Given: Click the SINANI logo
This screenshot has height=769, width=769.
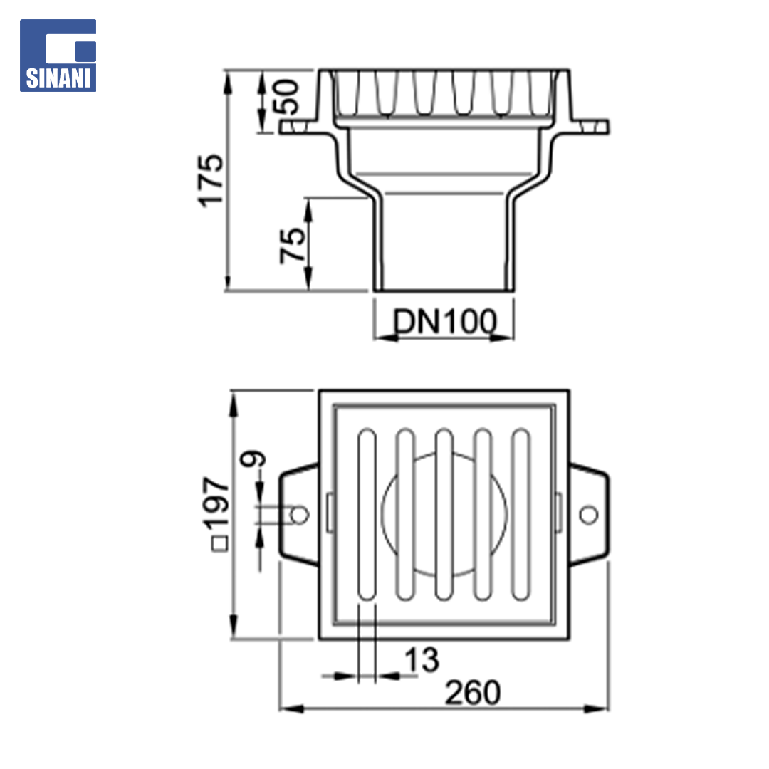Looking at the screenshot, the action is (58, 56).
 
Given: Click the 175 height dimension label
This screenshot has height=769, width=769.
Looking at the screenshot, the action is (210, 180).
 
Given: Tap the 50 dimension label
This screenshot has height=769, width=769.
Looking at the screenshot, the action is (288, 97).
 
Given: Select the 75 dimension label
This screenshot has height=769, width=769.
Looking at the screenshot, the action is (292, 246).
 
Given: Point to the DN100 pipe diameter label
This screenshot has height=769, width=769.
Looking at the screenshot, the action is (445, 321).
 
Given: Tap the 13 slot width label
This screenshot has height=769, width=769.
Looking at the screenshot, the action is (422, 659).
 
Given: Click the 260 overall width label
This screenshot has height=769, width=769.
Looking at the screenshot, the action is (472, 693).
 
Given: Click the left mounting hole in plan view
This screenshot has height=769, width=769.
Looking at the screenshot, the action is (298, 515).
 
